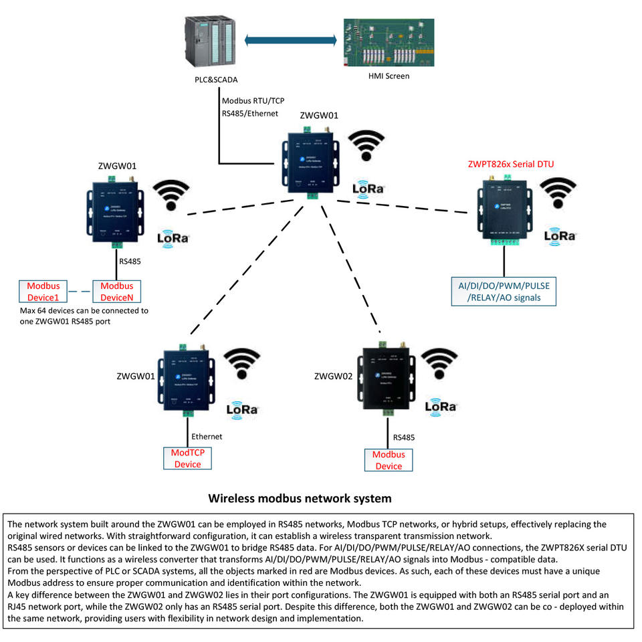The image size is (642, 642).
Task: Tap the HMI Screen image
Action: pyautogui.click(x=389, y=41)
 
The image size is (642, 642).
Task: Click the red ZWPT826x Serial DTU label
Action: pyautogui.click(x=511, y=164)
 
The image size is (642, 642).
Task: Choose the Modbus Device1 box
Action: pyautogui.click(x=43, y=291)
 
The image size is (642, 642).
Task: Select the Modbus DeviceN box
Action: pyautogui.click(x=116, y=291)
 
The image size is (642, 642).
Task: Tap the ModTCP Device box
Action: pyautogui.click(x=187, y=458)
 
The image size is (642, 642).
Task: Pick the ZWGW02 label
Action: pyautogui.click(x=333, y=377)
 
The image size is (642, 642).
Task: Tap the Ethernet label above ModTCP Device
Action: pyautogui.click(x=207, y=437)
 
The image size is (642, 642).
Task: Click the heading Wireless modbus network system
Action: pyautogui.click(x=300, y=498)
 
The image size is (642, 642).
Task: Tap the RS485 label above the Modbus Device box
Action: pyautogui.click(x=404, y=437)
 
